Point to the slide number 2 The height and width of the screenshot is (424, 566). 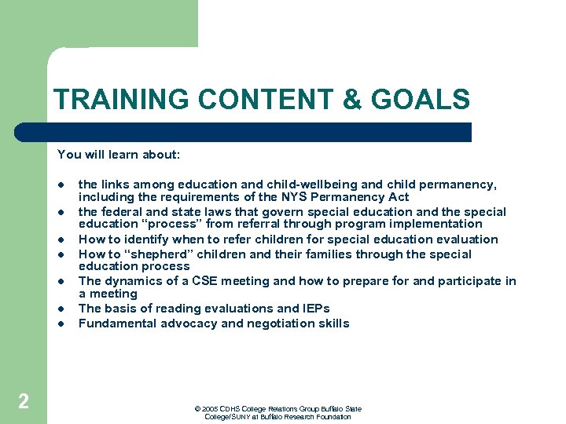[x=24, y=402]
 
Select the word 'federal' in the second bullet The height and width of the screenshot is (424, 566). [x=121, y=211]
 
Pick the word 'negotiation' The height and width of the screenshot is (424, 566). [x=276, y=323]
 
